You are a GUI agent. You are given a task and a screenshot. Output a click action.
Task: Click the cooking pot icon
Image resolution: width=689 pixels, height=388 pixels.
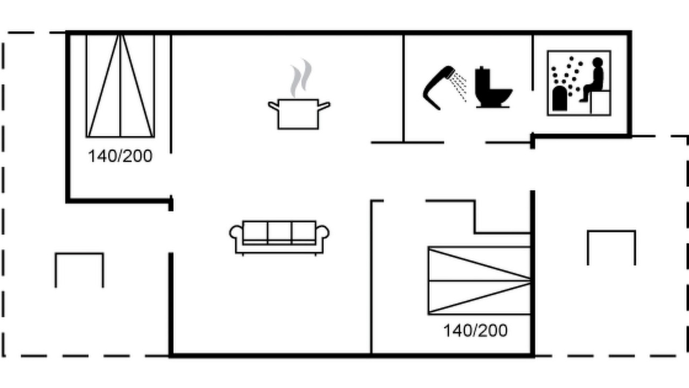pos(298,114)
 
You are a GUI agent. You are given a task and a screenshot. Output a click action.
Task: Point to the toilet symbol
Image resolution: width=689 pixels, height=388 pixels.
pos(493,87)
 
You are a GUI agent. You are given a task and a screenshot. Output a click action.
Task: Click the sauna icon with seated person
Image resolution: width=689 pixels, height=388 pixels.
pos(579,83)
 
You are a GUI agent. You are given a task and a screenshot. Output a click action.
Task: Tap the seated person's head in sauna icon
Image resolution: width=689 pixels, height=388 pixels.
pos(597,62)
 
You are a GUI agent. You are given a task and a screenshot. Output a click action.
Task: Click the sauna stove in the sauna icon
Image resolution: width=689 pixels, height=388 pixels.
pos(560,98)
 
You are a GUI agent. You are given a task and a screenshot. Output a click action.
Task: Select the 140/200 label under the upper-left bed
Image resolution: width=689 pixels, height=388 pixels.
pos(120,156)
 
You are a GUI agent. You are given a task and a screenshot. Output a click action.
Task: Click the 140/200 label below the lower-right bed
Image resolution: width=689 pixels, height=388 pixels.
pos(475,331)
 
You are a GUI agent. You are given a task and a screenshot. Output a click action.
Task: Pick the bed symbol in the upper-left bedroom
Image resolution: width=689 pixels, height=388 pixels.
pos(120,86)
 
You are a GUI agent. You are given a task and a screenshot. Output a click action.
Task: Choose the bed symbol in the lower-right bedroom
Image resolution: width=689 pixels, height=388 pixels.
pos(480,281)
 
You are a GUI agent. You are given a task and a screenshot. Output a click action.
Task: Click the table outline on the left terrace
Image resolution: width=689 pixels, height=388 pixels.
pos(79,254)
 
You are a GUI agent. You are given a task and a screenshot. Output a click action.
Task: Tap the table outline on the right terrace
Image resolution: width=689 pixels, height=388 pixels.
pos(611,231)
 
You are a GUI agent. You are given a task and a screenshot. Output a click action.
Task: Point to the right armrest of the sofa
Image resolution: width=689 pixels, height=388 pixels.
pos(322,233)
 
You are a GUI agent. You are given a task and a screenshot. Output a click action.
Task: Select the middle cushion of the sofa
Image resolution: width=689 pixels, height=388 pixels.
pos(279,232)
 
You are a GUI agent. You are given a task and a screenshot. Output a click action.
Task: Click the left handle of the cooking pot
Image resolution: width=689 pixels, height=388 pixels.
pos(273,106)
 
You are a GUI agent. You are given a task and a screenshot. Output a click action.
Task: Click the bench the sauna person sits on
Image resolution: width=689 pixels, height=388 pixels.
pos(600,103)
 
